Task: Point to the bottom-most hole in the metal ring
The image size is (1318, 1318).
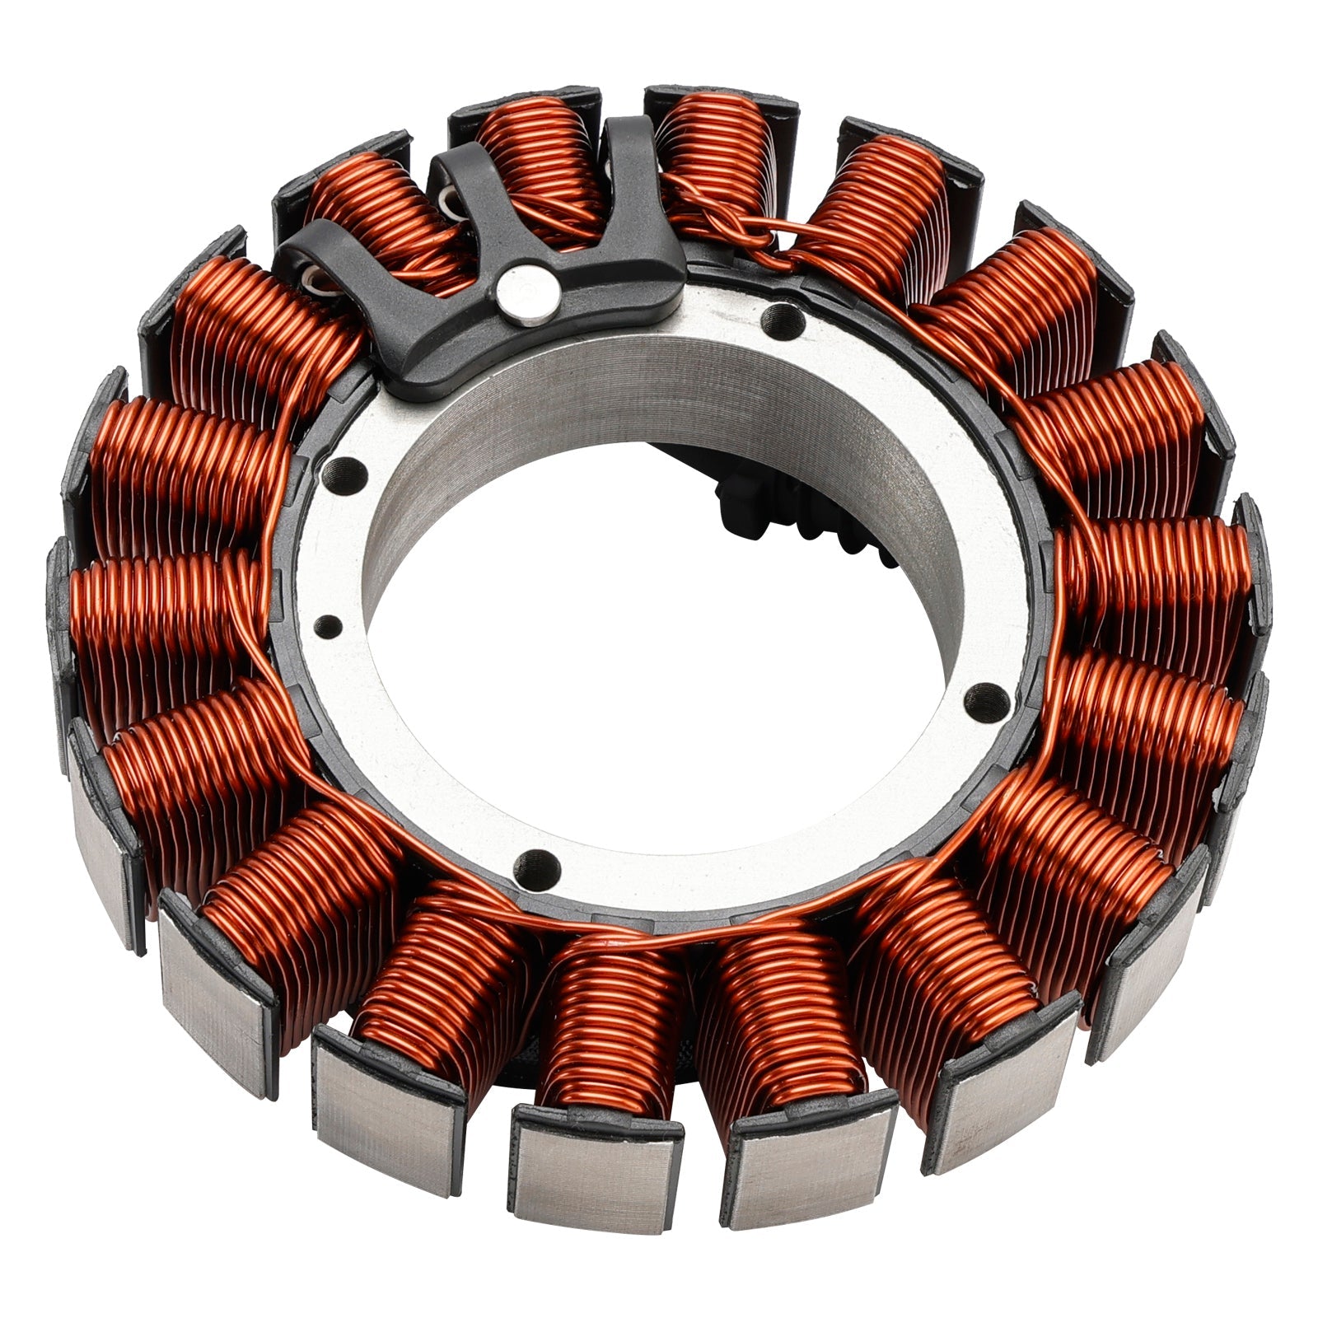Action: click(535, 863)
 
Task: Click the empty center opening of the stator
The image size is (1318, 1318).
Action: click(659, 659)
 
